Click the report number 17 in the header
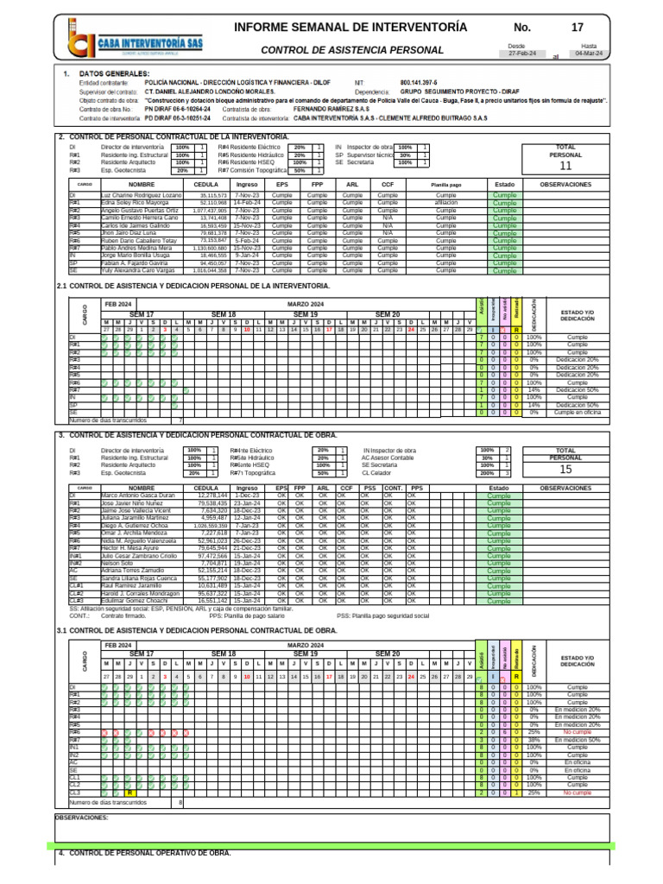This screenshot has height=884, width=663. [577, 28]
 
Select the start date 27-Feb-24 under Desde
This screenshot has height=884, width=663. [521, 54]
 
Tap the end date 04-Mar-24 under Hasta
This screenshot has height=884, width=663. [590, 54]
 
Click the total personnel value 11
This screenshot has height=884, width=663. [565, 166]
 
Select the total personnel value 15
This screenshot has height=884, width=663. [565, 470]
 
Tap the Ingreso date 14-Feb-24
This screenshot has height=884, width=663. [247, 203]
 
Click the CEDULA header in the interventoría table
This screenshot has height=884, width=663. [206, 185]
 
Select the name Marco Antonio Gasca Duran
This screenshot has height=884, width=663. [139, 496]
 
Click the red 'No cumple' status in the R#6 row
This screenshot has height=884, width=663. [577, 732]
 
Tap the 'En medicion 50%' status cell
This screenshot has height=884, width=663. [577, 740]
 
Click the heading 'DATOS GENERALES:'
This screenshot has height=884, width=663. [114, 73]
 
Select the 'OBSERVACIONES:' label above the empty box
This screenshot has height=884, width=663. [82, 817]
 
